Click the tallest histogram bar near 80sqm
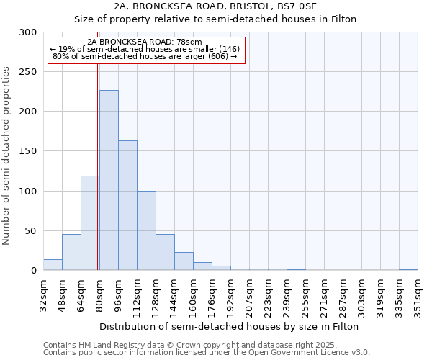click(x=109, y=180)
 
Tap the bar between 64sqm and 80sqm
click(x=89, y=223)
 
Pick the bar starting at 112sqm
click(x=146, y=230)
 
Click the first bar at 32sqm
click(x=53, y=265)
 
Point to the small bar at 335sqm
click(x=408, y=269)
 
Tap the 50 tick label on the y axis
click(x=31, y=231)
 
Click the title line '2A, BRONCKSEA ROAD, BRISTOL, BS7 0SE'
click(x=216, y=6)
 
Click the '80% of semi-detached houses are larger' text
click(x=145, y=56)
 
